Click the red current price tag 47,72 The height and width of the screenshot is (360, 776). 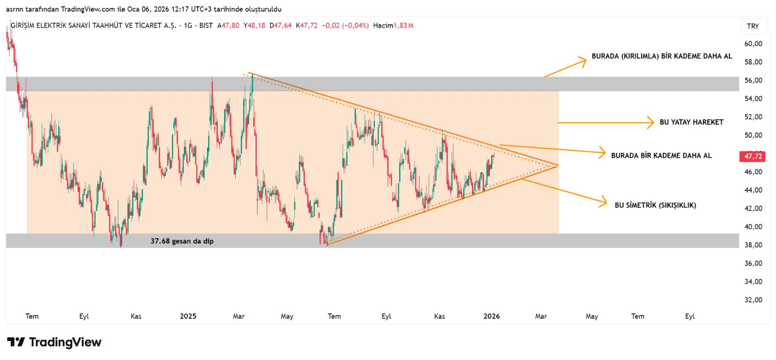[x=753, y=156]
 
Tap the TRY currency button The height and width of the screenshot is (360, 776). [x=753, y=26]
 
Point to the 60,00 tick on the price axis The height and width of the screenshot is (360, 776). [x=753, y=44]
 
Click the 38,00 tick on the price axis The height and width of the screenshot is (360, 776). [x=753, y=245]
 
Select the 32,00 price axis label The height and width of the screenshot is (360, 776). [x=753, y=300]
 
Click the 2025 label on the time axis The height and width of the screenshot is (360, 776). [x=188, y=316]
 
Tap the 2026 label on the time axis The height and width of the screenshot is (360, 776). [x=491, y=316]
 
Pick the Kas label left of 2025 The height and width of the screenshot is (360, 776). [x=136, y=316]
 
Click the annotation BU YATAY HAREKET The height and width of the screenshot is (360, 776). [x=691, y=122]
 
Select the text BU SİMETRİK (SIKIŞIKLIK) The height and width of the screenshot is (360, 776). [x=655, y=205]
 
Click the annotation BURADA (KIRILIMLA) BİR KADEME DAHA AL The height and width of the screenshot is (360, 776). [x=662, y=56]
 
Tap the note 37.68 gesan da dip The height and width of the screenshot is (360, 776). [x=182, y=241]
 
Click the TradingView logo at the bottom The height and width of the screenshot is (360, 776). [x=54, y=343]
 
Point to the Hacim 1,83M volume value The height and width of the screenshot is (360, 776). [x=393, y=26]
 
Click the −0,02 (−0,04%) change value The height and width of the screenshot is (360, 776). [x=345, y=26]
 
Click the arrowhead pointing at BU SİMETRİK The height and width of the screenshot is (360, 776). [x=604, y=202]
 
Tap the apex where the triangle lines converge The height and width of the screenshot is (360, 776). [x=558, y=165]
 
